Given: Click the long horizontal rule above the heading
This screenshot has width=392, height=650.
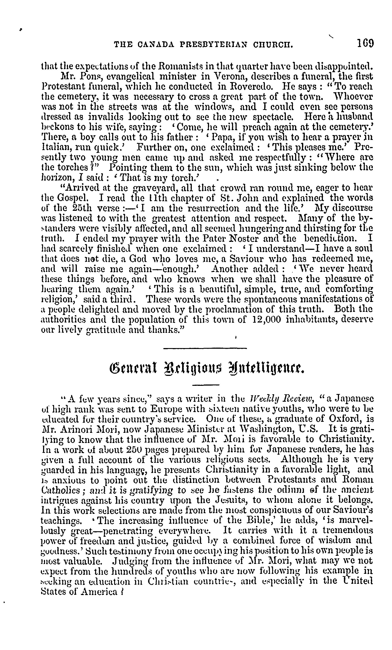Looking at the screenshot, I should pos(205,349).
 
